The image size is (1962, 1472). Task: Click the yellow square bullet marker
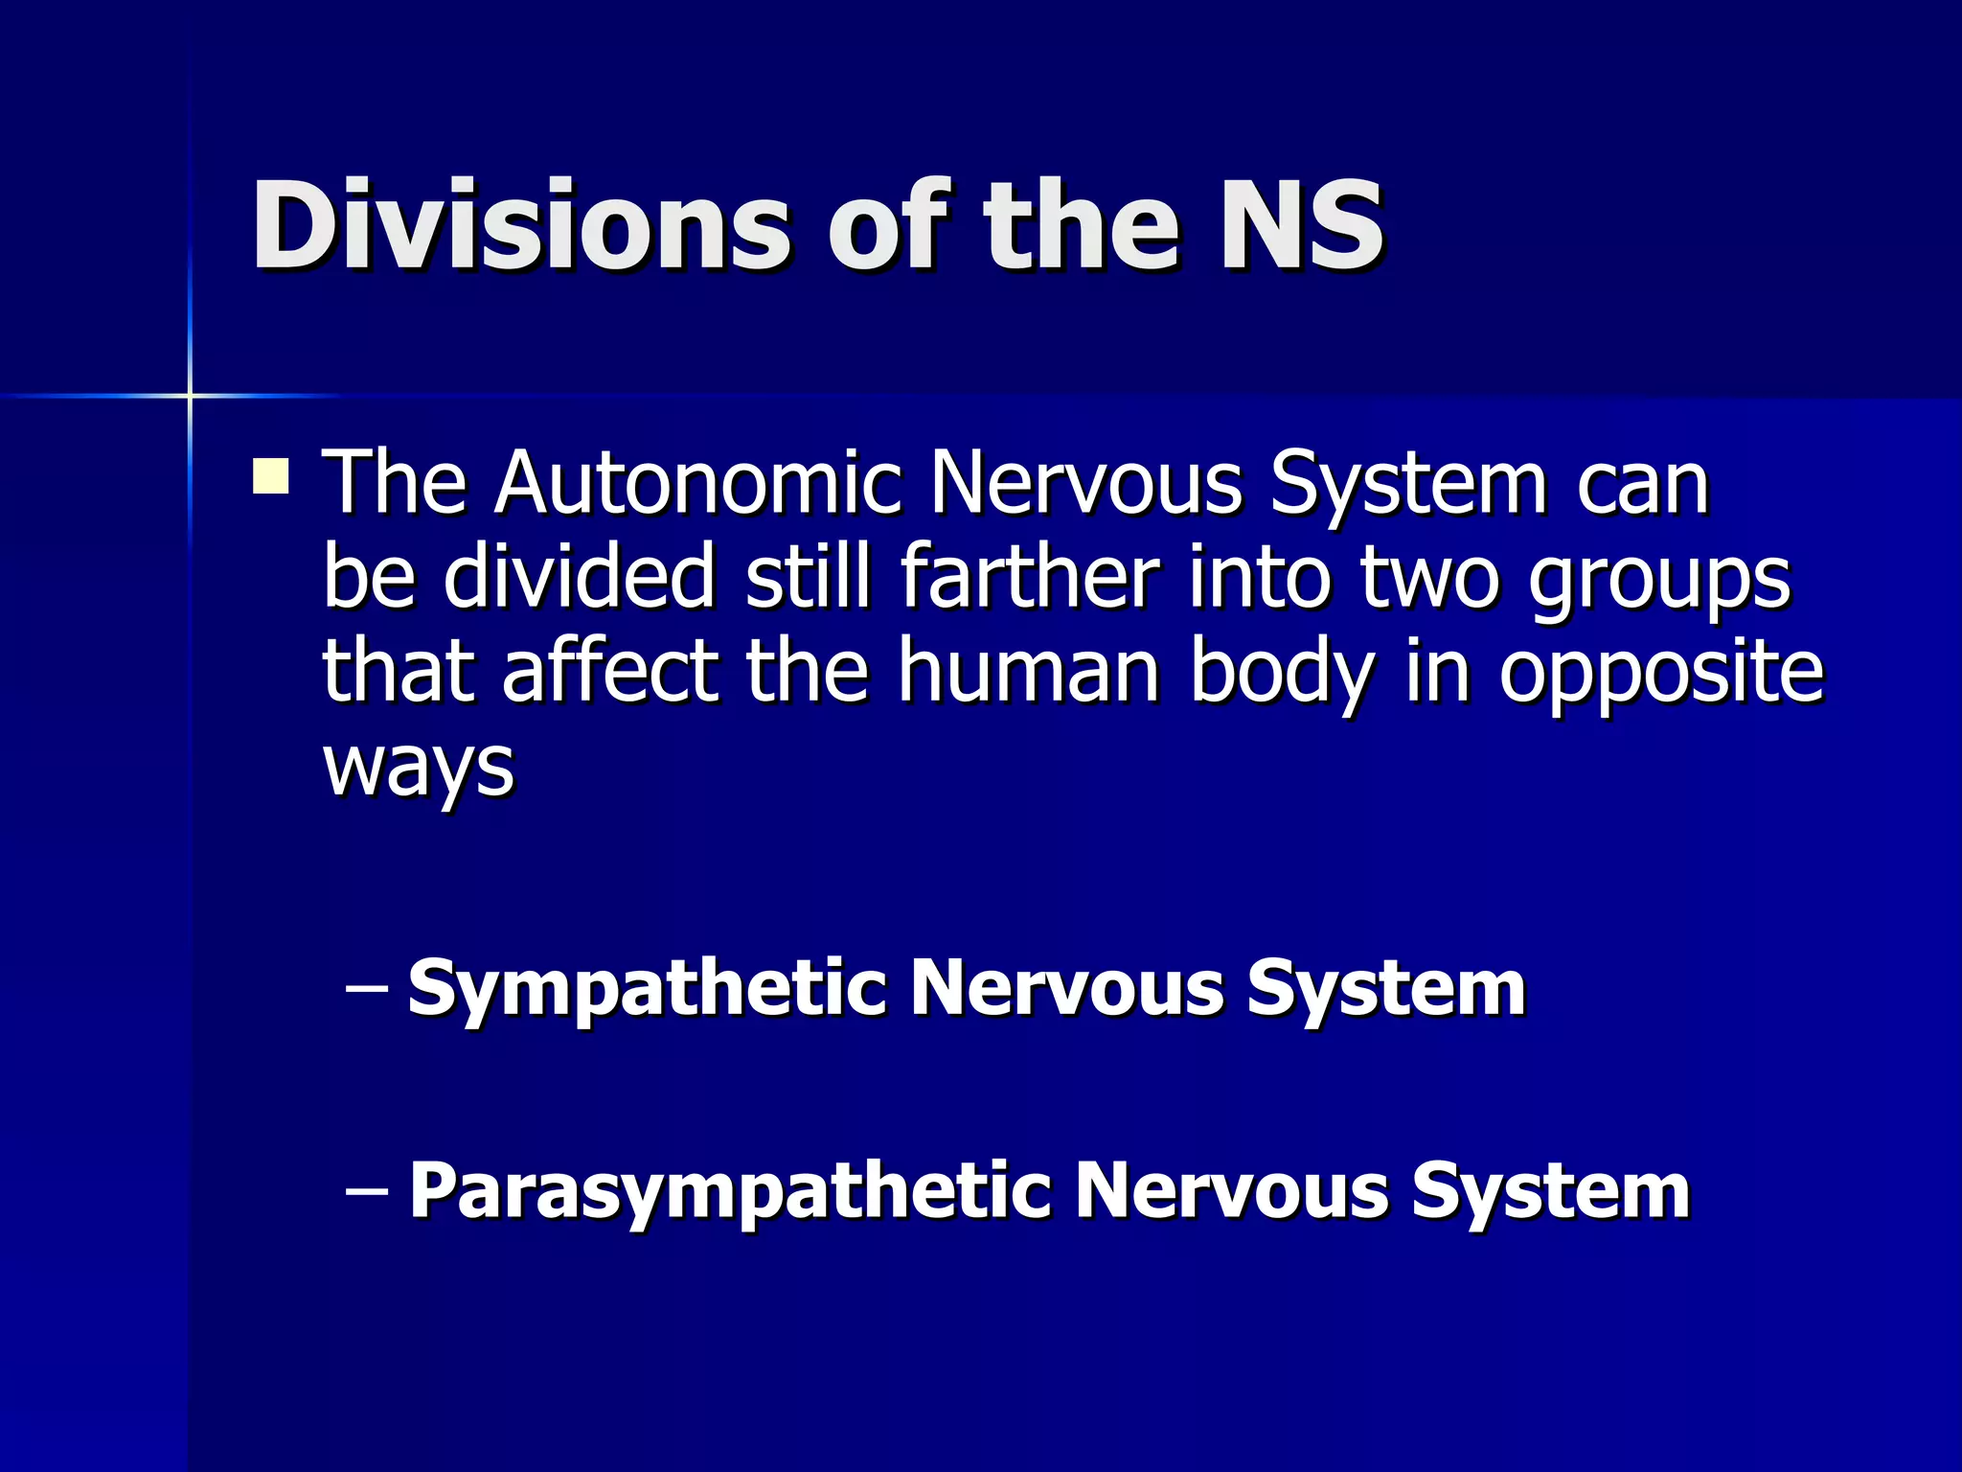(271, 476)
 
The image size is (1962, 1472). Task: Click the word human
(1029, 670)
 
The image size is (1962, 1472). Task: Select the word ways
(419, 766)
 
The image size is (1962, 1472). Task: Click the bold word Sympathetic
(647, 990)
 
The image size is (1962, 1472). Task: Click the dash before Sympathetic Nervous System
(365, 987)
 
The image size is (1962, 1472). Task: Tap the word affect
(610, 670)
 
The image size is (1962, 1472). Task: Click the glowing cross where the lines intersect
(190, 395)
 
